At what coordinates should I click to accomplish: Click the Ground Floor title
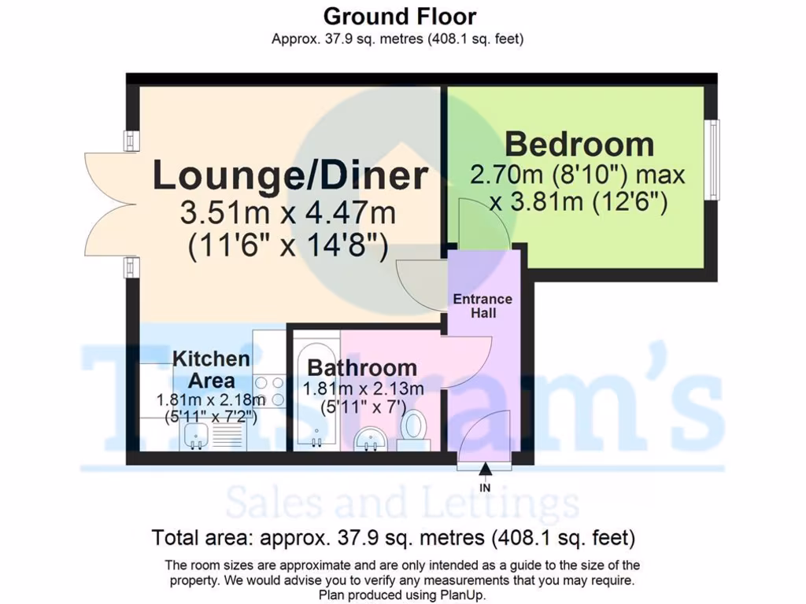point(400,16)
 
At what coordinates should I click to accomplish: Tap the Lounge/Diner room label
point(290,175)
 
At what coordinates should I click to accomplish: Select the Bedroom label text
point(579,145)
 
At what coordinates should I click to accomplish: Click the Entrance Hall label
point(482,306)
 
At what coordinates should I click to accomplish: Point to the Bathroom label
point(362,367)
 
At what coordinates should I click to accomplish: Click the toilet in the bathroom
point(412,429)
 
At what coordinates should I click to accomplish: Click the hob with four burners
point(269,392)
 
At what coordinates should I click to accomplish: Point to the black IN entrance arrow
point(485,470)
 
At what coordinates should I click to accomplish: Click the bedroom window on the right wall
point(712,160)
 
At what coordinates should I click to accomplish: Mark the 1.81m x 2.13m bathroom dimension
point(363,389)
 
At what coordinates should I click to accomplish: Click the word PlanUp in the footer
point(464,595)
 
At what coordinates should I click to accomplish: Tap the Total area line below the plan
point(393,538)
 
